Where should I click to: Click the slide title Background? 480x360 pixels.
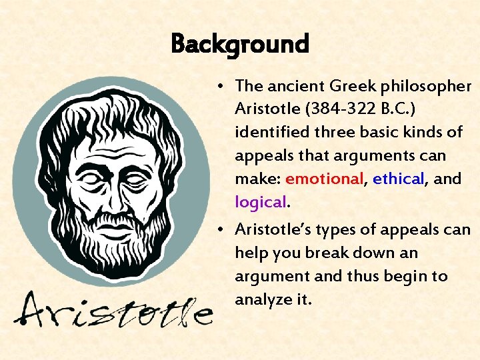[x=240, y=45]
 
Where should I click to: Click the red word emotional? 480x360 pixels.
[x=324, y=179]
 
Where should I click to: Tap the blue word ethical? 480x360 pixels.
[x=398, y=179]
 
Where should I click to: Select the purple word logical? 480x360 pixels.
[x=260, y=201]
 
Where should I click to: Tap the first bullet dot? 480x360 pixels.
[x=219, y=87]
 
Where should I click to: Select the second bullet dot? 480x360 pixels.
[x=219, y=230]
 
